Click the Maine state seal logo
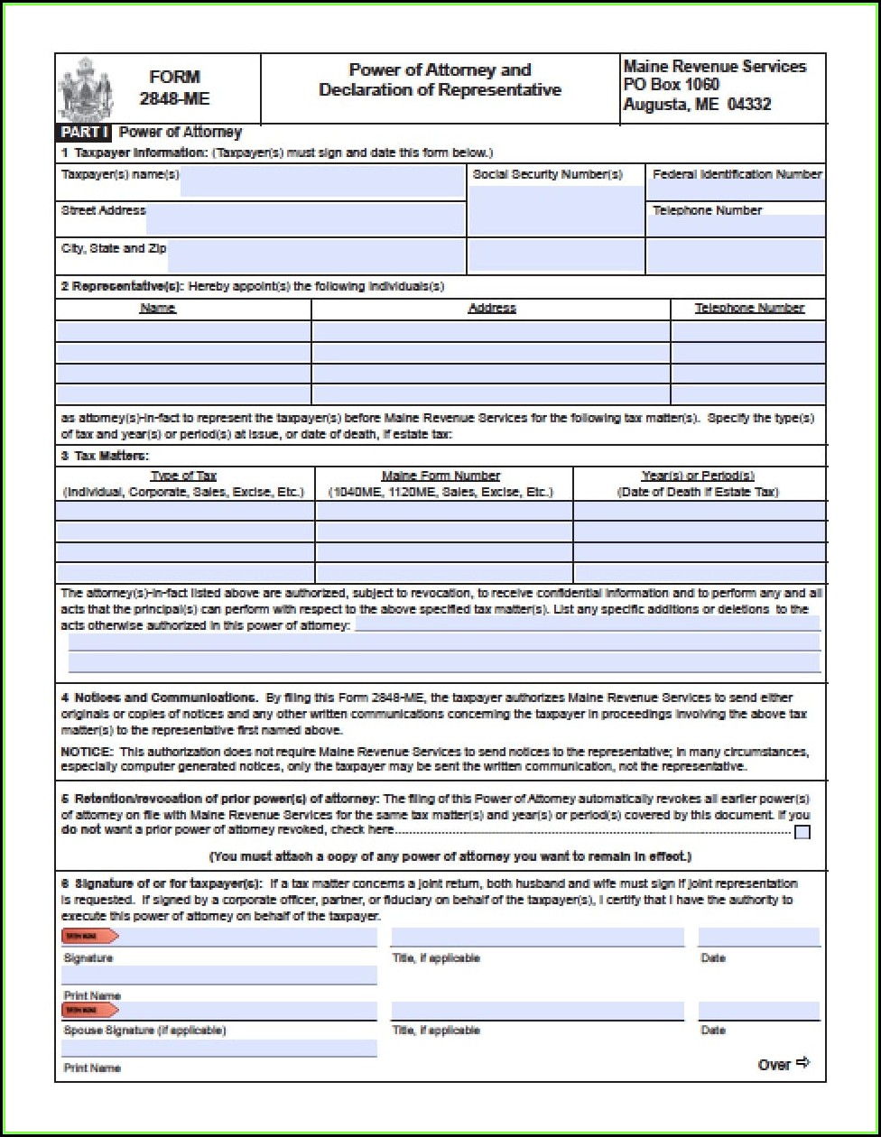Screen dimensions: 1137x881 pyautogui.click(x=86, y=88)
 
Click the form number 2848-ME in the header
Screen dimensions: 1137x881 pyautogui.click(x=174, y=98)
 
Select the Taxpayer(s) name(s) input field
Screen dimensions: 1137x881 pyautogui.click(x=322, y=182)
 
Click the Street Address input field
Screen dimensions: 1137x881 pyautogui.click(x=305, y=218)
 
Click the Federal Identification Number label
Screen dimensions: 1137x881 pyautogui.click(x=737, y=174)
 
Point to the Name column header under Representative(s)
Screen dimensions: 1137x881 pyautogui.click(x=158, y=308)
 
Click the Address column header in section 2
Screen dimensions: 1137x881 pyautogui.click(x=492, y=308)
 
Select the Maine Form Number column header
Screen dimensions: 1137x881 pyautogui.click(x=440, y=476)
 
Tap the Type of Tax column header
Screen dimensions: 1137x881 pyautogui.click(x=183, y=476)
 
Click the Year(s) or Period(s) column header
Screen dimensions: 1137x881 pyautogui.click(x=698, y=476)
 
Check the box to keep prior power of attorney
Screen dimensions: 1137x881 pyautogui.click(x=802, y=832)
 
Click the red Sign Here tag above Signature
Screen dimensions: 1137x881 pyautogui.click(x=89, y=936)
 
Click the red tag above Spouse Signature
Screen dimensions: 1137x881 pyautogui.click(x=89, y=1010)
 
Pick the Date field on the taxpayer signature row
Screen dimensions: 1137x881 pyautogui.click(x=758, y=937)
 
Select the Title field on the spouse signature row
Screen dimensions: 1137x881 pyautogui.click(x=537, y=1011)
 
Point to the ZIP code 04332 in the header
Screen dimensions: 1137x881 pyautogui.click(x=748, y=105)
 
